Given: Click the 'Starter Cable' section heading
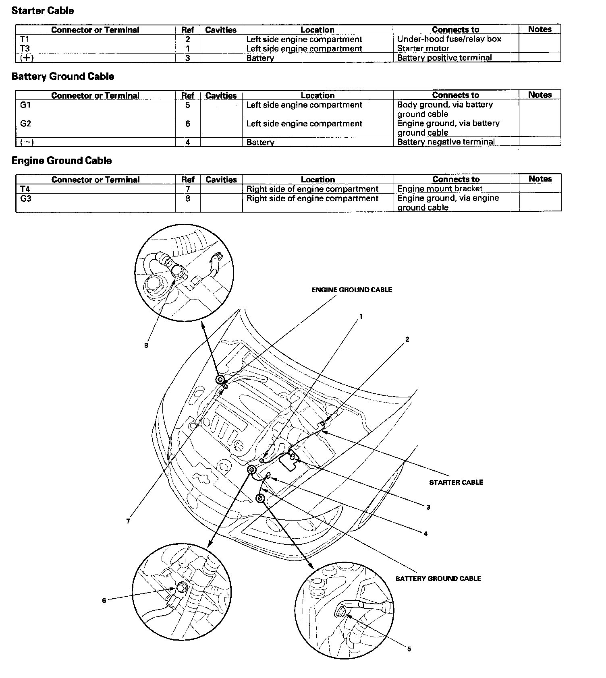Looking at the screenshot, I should [x=43, y=11].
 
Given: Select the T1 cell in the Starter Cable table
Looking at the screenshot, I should [x=25, y=39].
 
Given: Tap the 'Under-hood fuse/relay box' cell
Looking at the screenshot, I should [x=449, y=39].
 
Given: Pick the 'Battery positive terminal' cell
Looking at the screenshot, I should [x=444, y=58].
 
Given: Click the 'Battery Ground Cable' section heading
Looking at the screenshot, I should [x=63, y=76].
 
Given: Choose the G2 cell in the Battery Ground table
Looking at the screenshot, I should [x=25, y=124].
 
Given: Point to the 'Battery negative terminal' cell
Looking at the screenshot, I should [x=446, y=142].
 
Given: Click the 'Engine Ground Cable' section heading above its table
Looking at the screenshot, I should [x=62, y=161].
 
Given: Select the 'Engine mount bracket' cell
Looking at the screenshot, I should [x=440, y=188].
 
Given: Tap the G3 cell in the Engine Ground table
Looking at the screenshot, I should [x=26, y=198].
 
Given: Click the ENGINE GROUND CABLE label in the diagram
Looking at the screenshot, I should [x=351, y=290].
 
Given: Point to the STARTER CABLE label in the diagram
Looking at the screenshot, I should [x=456, y=482].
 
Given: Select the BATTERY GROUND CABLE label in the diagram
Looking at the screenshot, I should [x=438, y=579].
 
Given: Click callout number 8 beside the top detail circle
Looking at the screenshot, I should [x=146, y=345].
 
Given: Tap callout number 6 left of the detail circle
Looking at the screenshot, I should [x=104, y=601].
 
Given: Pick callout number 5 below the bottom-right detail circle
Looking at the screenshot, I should [x=409, y=649].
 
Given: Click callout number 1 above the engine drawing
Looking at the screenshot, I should [x=361, y=316].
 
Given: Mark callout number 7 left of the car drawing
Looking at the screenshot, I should [x=128, y=521].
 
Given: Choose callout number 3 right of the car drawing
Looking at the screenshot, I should [x=428, y=507].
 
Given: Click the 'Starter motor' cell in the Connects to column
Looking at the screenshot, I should [x=423, y=48].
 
